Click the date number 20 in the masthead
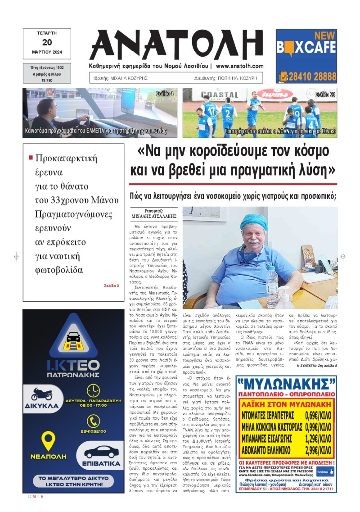[x=47, y=42]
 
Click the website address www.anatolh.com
[x=239, y=66]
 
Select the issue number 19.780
[x=47, y=80]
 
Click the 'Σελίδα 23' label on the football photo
[x=325, y=95]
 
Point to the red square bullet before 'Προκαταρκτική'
[x=31, y=158]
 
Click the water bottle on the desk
[x=272, y=281]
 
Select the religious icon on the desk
[x=308, y=256]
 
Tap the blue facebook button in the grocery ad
[x=325, y=471]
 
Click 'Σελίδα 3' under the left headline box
[x=111, y=285]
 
